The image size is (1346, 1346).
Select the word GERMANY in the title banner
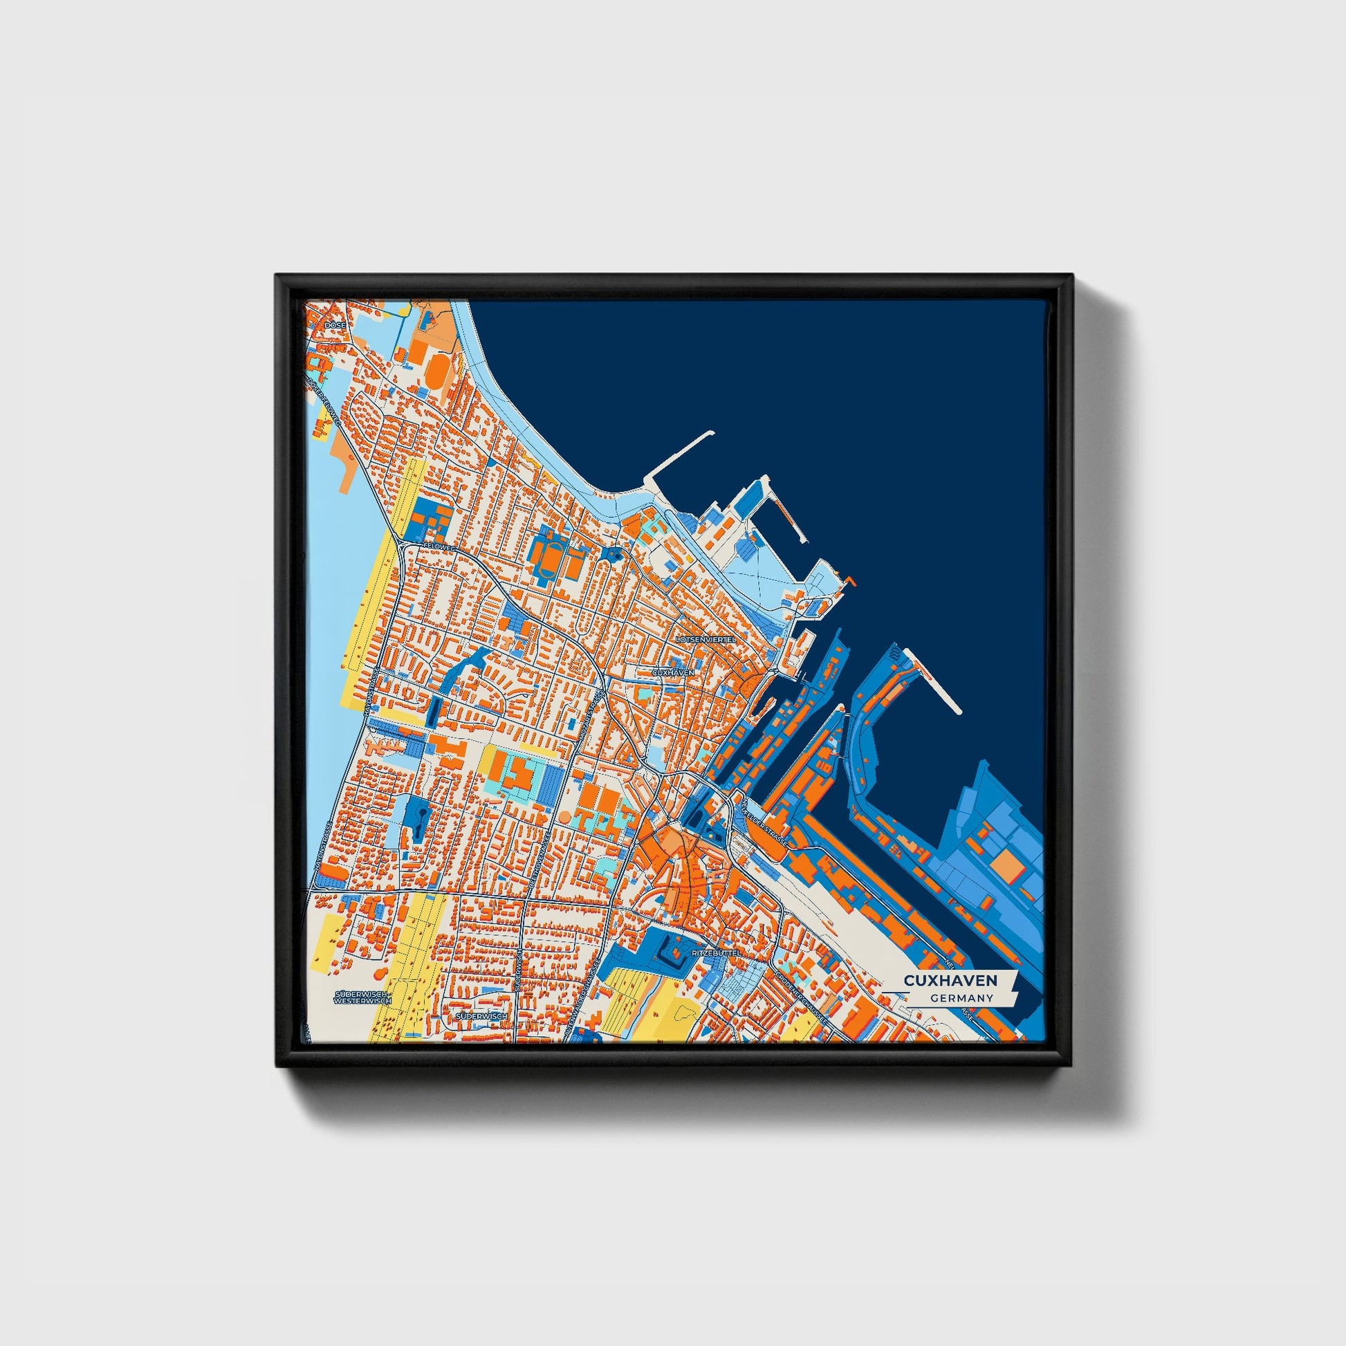point(961,998)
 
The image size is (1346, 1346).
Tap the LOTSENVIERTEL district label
point(706,638)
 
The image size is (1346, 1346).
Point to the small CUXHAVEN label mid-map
point(672,673)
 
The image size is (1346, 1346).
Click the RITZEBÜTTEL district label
point(714,952)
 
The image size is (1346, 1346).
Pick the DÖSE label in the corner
point(335,324)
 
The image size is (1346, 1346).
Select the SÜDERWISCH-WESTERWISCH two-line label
point(363,997)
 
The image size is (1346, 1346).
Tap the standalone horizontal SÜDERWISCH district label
point(481,1017)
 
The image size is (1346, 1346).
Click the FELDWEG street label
point(439,548)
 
